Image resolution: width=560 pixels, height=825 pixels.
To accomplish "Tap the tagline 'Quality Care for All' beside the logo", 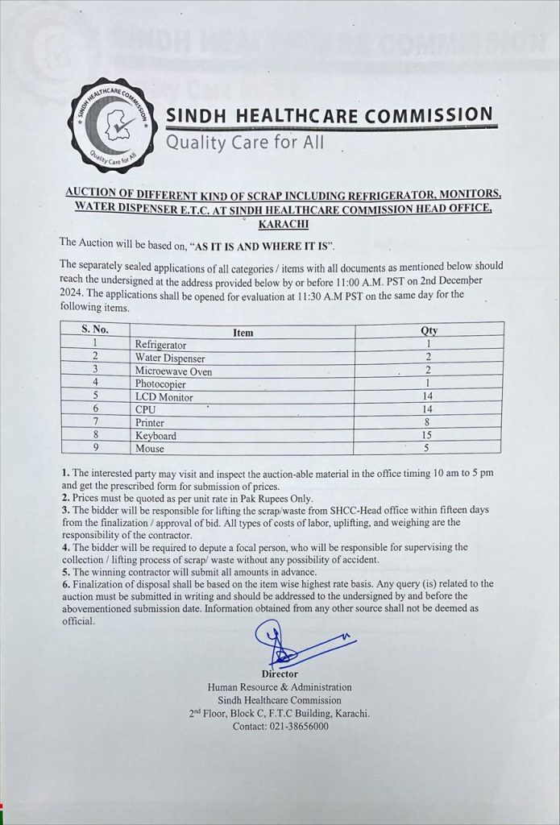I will click(245, 143).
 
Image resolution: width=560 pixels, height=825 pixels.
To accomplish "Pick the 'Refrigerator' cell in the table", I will click(160, 345).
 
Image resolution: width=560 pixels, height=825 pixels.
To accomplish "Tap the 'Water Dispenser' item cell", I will click(169, 358).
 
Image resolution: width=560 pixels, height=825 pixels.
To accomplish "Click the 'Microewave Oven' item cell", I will click(173, 371).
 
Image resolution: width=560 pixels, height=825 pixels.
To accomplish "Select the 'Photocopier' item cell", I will click(162, 383).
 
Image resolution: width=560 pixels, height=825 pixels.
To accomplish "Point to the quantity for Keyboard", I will click(429, 436).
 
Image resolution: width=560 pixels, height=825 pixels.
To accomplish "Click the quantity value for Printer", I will click(429, 423).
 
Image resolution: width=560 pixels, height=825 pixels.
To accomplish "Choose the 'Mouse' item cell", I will click(149, 449).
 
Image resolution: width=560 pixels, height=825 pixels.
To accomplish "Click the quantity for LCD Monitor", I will click(429, 397).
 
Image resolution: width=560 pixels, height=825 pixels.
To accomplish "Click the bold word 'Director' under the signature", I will click(280, 674).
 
